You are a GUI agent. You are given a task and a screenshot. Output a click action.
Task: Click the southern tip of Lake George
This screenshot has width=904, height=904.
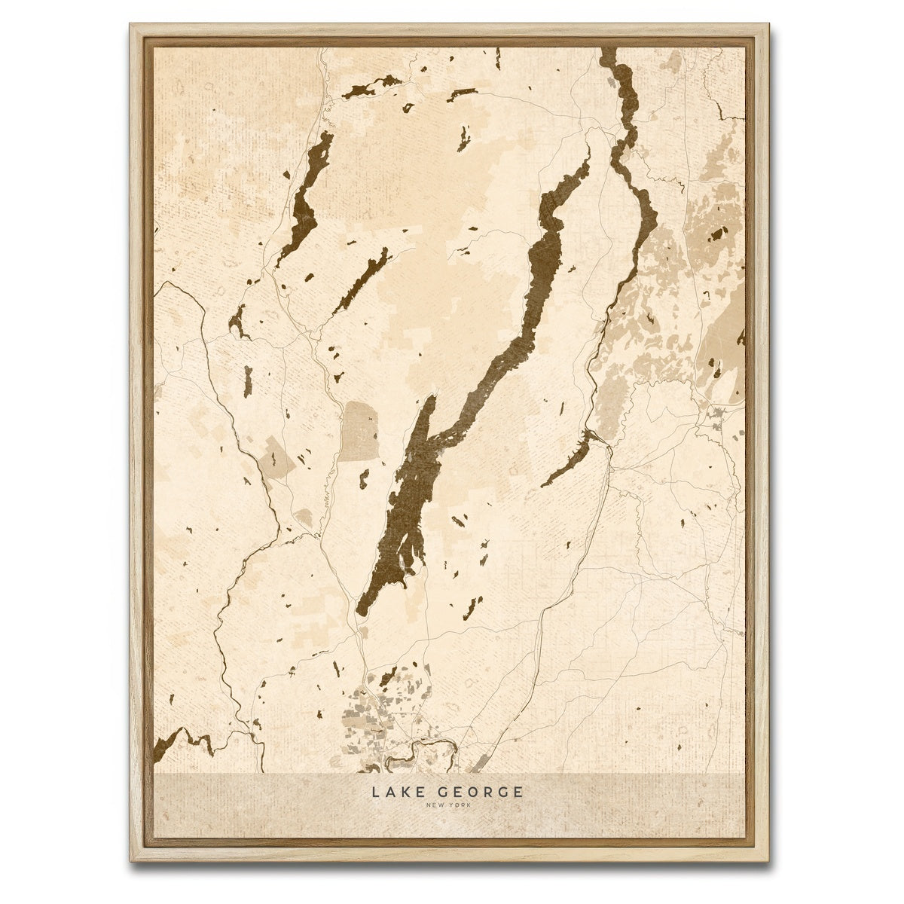tap(361, 611)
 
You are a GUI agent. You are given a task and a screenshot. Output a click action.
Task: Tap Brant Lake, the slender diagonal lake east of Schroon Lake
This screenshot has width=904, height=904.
tap(363, 279)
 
